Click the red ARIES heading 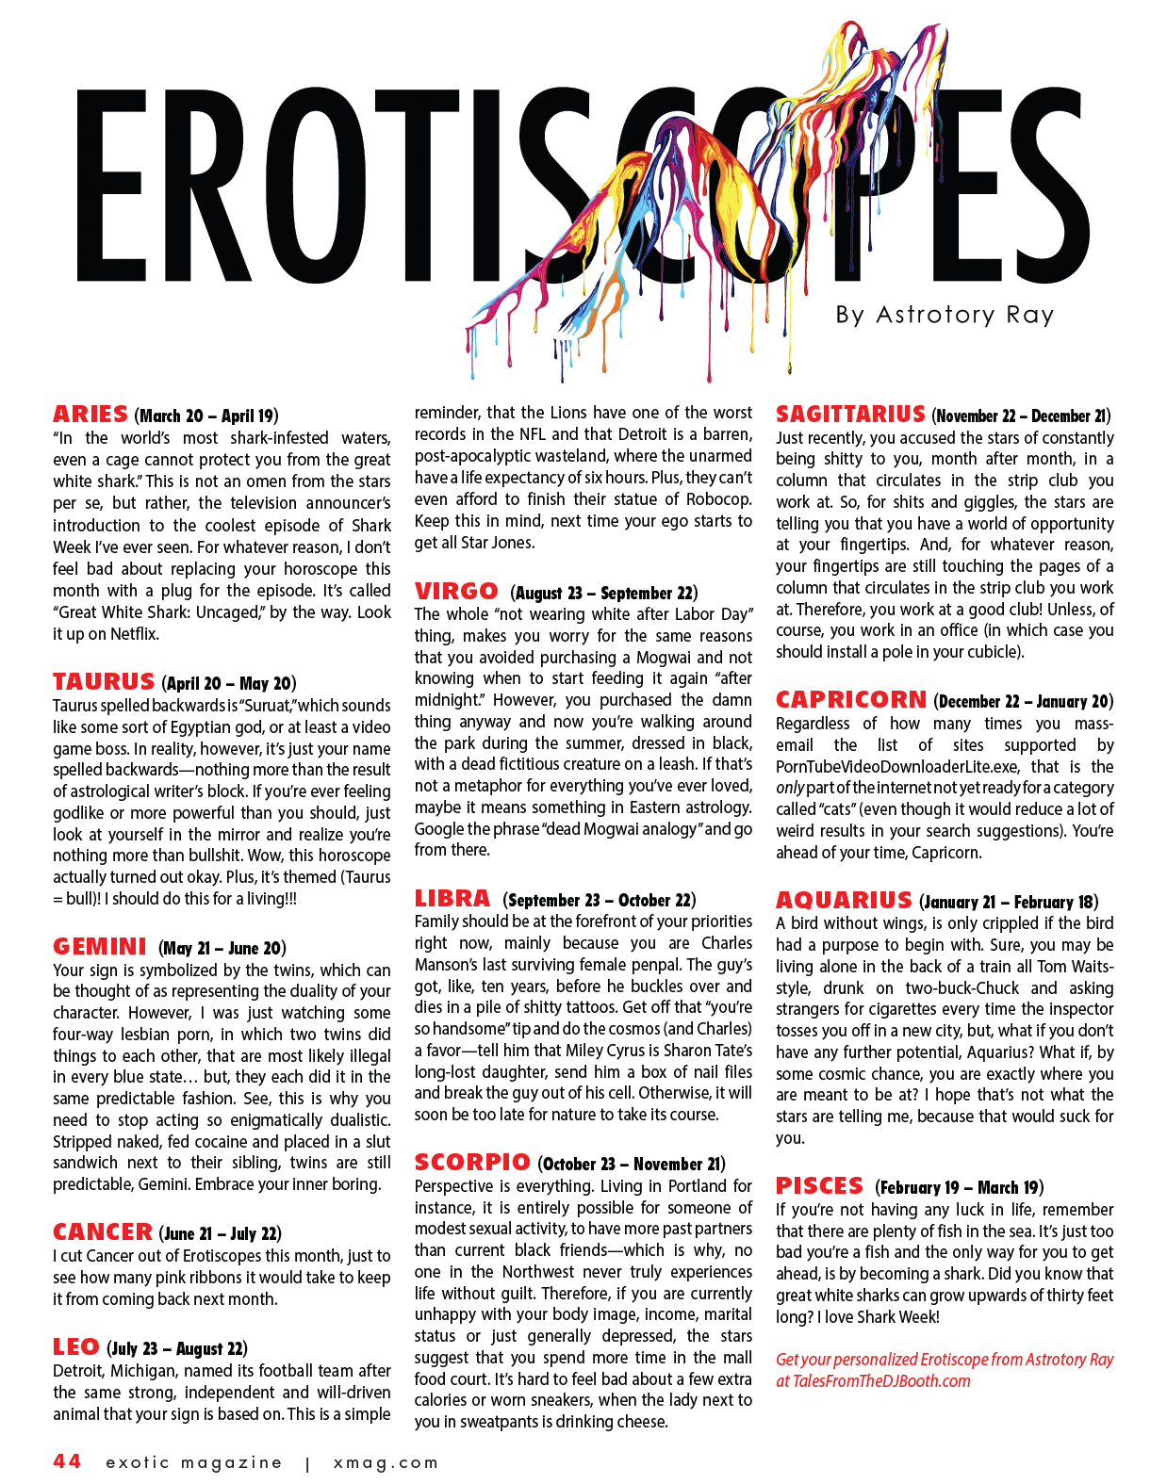pos(90,415)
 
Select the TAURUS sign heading pos(104,682)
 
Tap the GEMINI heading pos(100,947)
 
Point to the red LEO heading pos(76,1347)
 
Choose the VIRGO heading pos(456,592)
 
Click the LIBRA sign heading pos(452,899)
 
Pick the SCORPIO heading pos(472,1163)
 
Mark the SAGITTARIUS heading pos(850,415)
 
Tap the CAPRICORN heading pos(851,700)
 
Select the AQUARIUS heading pos(844,901)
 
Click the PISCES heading pos(819,1186)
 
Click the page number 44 pos(67,1461)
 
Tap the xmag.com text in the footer pos(386,1463)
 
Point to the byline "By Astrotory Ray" pos(945,315)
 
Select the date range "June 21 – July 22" pos(221,1233)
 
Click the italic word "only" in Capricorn pos(790,788)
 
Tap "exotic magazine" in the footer pos(193,1463)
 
